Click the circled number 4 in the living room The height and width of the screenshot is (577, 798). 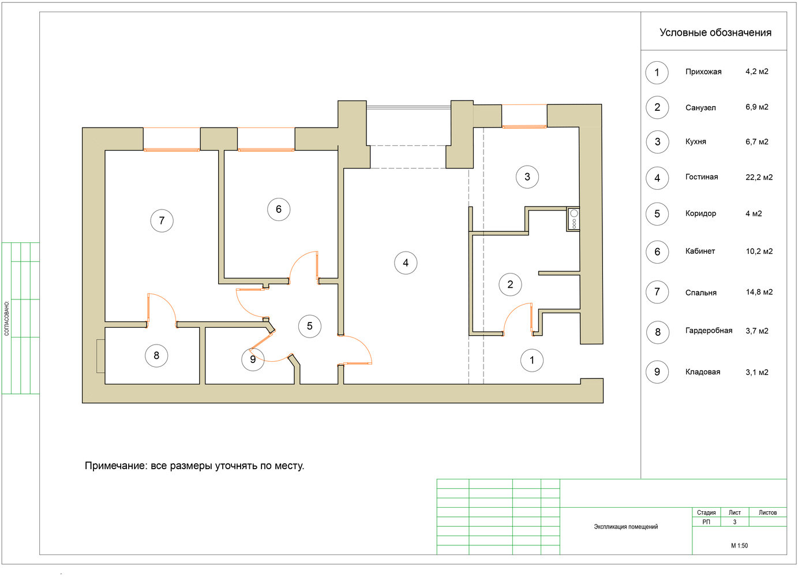tap(406, 263)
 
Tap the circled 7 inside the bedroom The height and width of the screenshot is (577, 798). tap(162, 221)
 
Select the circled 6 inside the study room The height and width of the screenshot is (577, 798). tap(279, 209)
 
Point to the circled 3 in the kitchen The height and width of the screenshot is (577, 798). tap(527, 177)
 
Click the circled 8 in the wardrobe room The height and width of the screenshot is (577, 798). tap(156, 355)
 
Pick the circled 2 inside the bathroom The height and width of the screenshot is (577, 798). tap(510, 284)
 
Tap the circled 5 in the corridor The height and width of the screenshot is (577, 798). tap(310, 326)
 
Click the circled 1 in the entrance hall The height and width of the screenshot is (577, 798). tap(532, 361)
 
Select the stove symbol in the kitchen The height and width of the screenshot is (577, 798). tap(573, 219)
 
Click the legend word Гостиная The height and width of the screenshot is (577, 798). tap(702, 177)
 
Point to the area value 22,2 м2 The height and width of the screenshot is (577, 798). tap(759, 177)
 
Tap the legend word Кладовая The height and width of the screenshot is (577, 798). tap(703, 372)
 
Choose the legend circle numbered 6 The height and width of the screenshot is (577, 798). tap(657, 252)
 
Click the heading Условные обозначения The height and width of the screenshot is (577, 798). tap(715, 32)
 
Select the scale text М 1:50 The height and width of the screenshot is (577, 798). tap(739, 546)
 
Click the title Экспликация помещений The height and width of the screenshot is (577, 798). tap(625, 527)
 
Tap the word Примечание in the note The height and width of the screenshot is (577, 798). tap(115, 466)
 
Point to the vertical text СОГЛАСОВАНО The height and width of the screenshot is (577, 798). tap(7, 319)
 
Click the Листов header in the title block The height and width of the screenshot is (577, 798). tap(767, 512)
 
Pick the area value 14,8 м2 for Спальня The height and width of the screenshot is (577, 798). tap(759, 292)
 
